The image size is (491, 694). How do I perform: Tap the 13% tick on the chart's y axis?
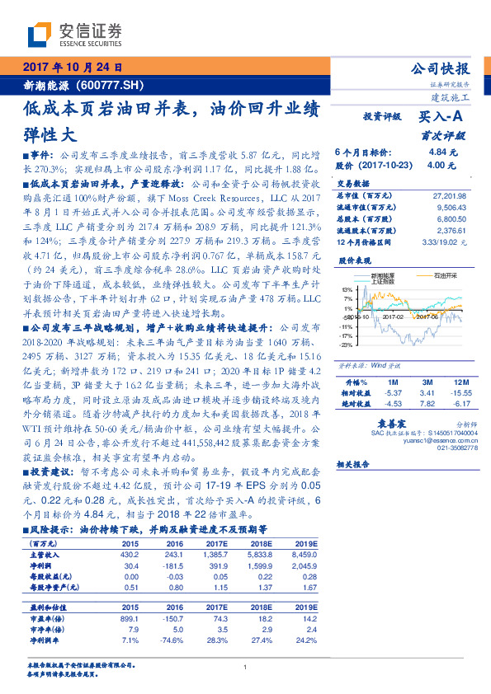coord(346,290)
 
